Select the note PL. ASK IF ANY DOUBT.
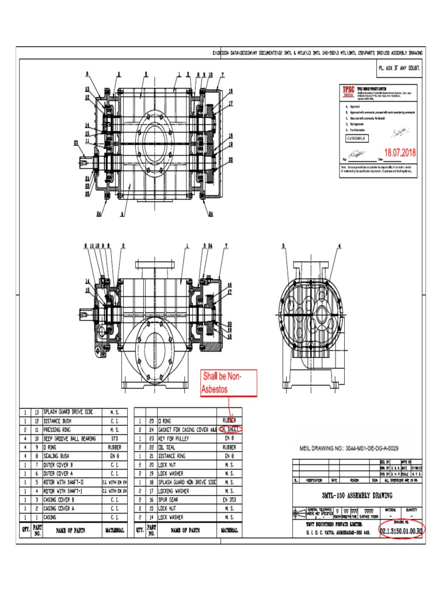point(399,68)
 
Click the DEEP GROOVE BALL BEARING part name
point(70,438)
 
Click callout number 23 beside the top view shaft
point(76,142)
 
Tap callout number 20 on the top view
point(230,159)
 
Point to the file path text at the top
point(317,53)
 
